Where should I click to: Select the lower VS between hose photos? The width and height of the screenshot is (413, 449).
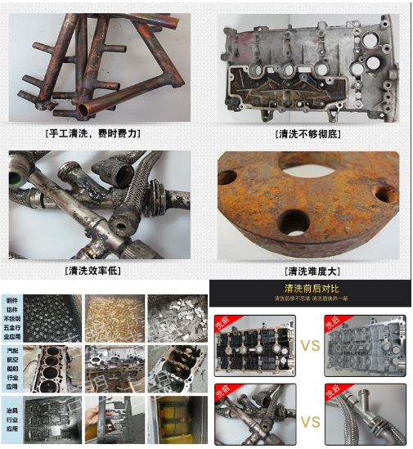coord(310,421)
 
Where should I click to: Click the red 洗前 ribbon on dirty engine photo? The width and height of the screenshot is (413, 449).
coord(221,321)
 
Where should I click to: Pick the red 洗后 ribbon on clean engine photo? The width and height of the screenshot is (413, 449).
coord(331,321)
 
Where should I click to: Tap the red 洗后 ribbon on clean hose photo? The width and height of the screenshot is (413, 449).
coord(331,393)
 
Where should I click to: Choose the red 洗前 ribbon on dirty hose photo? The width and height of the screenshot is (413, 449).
coord(221,393)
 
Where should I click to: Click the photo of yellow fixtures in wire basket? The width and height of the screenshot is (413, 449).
coord(176,419)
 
